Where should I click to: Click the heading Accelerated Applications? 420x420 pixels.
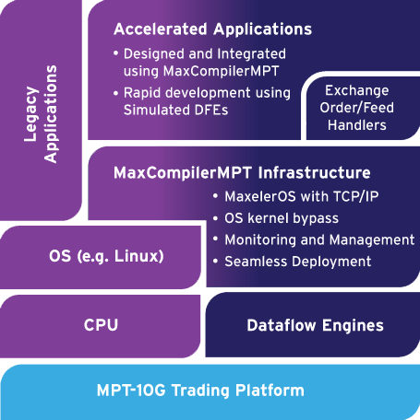[212, 29]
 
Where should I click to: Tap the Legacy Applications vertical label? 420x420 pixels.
[41, 114]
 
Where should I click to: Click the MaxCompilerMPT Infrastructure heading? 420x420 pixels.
[242, 172]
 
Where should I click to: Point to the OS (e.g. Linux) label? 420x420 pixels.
[106, 256]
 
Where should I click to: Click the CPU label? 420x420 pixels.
[101, 325]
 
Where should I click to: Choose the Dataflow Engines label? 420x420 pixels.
[315, 326]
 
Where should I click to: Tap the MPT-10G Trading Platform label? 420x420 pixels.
[200, 391]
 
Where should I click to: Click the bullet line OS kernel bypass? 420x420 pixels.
[282, 218]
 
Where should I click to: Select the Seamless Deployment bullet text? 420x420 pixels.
[297, 262]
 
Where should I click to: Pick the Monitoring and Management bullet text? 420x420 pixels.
[319, 239]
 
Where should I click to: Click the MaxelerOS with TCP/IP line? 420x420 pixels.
[302, 196]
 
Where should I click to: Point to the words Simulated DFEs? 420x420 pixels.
[175, 110]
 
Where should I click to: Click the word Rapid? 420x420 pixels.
[142, 93]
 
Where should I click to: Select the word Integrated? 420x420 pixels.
[251, 54]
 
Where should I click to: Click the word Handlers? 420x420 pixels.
[357, 125]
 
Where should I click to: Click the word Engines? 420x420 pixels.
[353, 326]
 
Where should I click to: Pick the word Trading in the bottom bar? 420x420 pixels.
[200, 391]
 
